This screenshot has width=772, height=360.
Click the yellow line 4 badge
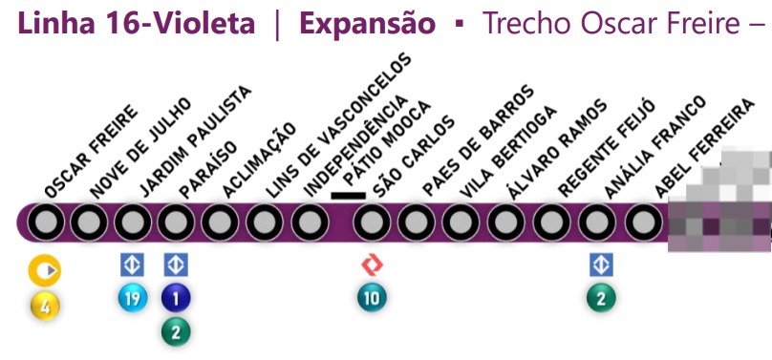coord(45,307)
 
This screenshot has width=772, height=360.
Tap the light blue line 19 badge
coord(132,299)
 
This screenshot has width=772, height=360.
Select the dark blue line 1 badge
coord(176,299)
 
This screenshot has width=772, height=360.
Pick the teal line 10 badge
coord(372,299)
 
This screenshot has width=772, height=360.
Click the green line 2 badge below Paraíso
coord(176,331)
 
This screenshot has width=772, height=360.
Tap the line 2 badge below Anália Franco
coord(601,299)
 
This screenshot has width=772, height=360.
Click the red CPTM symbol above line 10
coord(372,265)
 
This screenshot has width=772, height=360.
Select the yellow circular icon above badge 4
coord(45,272)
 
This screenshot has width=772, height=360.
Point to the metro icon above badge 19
coord(132,265)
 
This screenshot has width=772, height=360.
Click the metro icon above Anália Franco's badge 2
coord(601,265)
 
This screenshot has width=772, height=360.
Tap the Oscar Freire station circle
coord(45,224)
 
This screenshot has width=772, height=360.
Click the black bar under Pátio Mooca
coord(349,197)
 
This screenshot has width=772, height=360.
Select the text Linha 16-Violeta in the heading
coord(136,23)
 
